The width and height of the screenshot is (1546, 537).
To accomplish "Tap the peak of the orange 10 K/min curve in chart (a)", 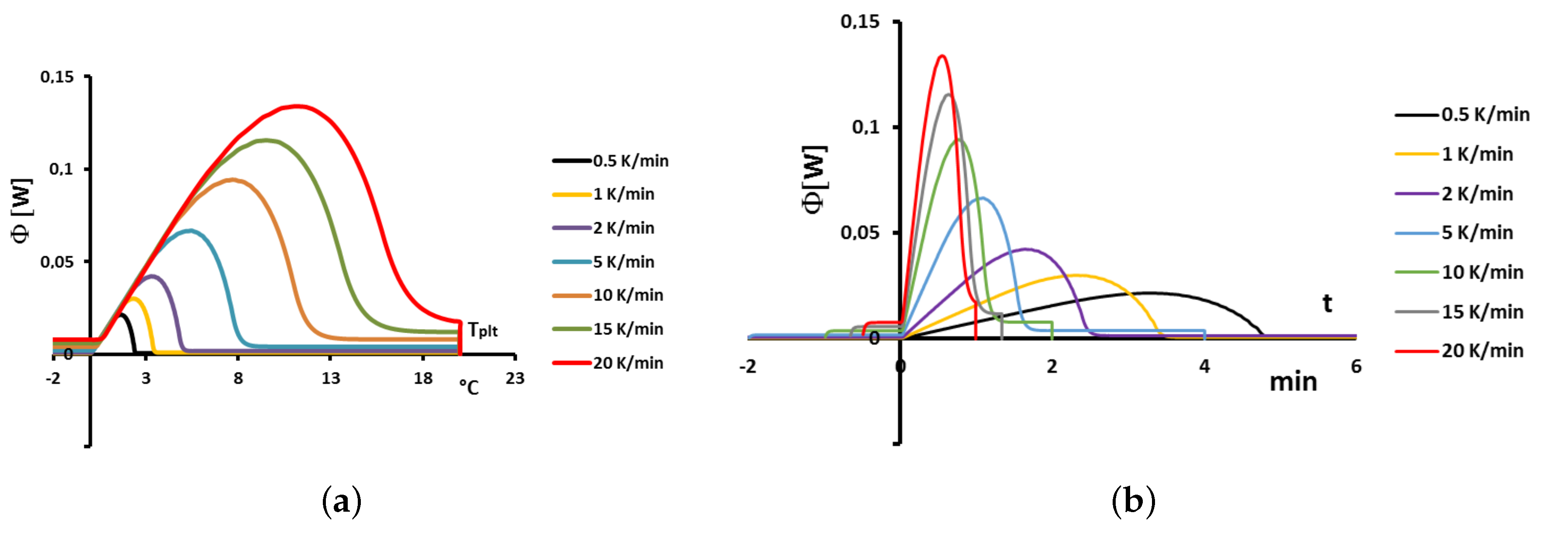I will click(232, 179).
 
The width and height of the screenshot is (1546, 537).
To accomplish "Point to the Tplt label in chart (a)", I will click(483, 330).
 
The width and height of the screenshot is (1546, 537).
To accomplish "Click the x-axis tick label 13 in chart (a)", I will click(330, 379).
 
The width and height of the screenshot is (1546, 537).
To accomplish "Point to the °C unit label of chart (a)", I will click(469, 388).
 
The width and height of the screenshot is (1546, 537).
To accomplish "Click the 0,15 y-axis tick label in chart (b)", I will click(859, 22).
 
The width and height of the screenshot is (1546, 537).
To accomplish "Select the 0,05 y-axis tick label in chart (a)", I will click(57, 262).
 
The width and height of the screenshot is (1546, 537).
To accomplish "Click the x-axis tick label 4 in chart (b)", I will click(1204, 367).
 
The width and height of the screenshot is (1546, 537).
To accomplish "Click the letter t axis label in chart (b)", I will click(1327, 303).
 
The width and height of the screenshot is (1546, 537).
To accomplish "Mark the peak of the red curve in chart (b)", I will click(942, 56).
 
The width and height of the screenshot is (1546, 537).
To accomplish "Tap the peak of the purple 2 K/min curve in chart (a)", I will click(152, 276).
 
